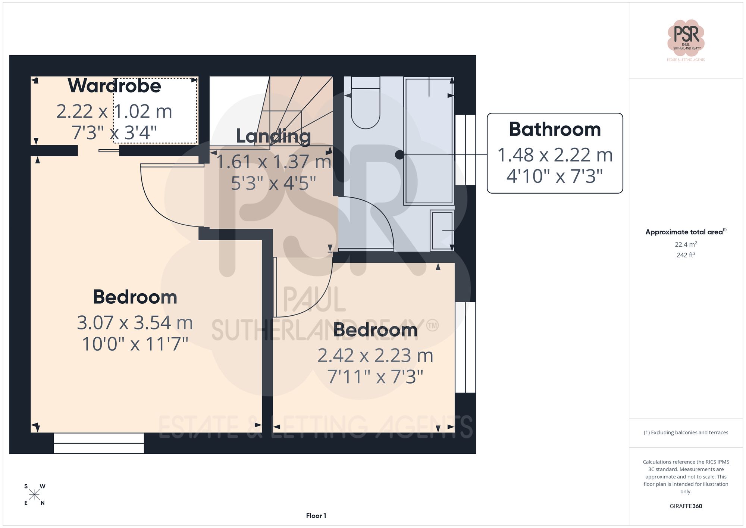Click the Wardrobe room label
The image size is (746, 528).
coord(114,86)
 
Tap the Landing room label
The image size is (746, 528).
coord(273,136)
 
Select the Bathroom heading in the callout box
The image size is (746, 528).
coord(555,129)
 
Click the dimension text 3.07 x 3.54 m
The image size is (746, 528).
coord(135,323)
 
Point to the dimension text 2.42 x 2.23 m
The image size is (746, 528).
coord(375,356)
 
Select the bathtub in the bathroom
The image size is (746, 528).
coord(429,141)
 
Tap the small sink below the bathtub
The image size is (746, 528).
coord(442,231)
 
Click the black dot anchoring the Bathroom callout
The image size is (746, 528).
coord(399,154)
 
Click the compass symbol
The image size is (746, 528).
coord(34,495)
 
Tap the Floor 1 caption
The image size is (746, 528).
coord(316,516)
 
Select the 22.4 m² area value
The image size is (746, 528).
coord(686,244)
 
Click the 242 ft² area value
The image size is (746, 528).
coord(686,255)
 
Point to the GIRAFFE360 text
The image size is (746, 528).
coord(686,506)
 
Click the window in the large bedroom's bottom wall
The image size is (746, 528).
coord(99,443)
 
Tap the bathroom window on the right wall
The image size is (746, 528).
coord(465,150)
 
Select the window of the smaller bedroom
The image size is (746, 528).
coord(465,347)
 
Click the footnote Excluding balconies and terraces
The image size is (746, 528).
coord(686,432)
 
